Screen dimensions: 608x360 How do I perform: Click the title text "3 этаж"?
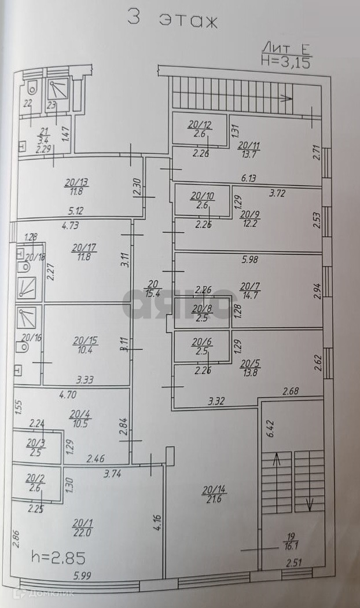(172, 19)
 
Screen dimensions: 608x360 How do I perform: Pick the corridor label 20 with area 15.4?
(153, 288)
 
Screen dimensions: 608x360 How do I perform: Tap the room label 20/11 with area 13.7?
(249, 149)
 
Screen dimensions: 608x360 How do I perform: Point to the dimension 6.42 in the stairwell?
(268, 429)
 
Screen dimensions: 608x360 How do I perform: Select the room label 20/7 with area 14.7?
(251, 290)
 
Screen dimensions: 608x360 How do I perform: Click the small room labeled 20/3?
(35, 447)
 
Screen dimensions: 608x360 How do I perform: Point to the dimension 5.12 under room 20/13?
(76, 211)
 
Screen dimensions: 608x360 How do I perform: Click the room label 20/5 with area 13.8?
(251, 367)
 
